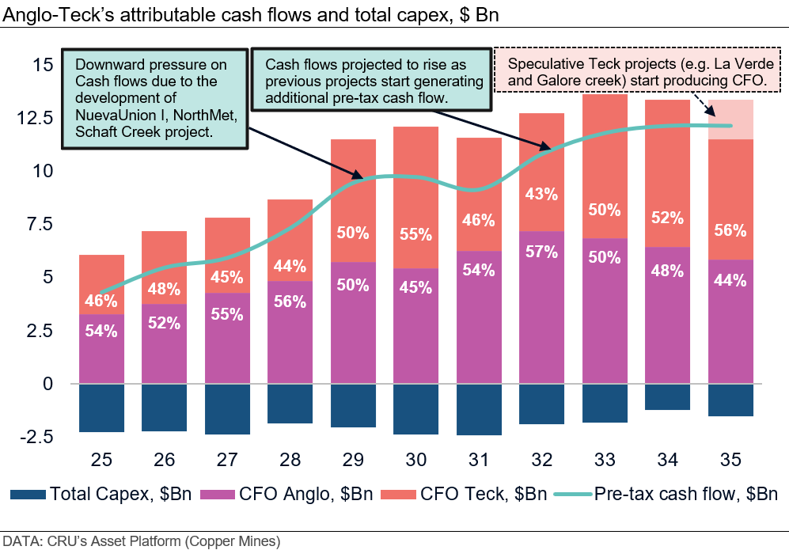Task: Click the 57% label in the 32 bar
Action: point(543,252)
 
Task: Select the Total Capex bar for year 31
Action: point(480,409)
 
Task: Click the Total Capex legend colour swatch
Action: point(28,495)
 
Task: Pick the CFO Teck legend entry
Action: point(467,495)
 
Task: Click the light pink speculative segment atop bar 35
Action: point(731,119)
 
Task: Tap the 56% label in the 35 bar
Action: point(731,231)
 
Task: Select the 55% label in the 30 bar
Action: point(416,234)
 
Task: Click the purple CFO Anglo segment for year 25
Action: point(101,349)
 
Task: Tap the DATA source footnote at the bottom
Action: point(141,542)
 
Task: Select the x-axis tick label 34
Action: point(668,458)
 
